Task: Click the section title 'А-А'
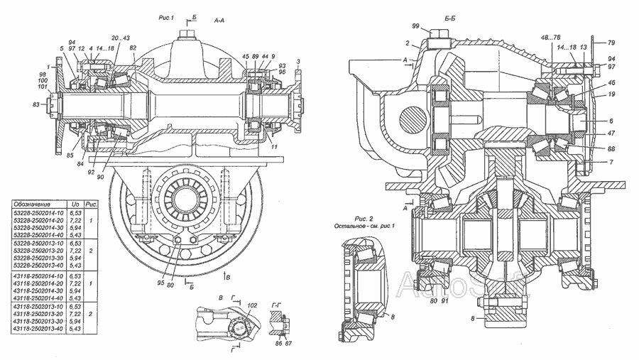[220, 21]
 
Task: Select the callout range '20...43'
[121, 38]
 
